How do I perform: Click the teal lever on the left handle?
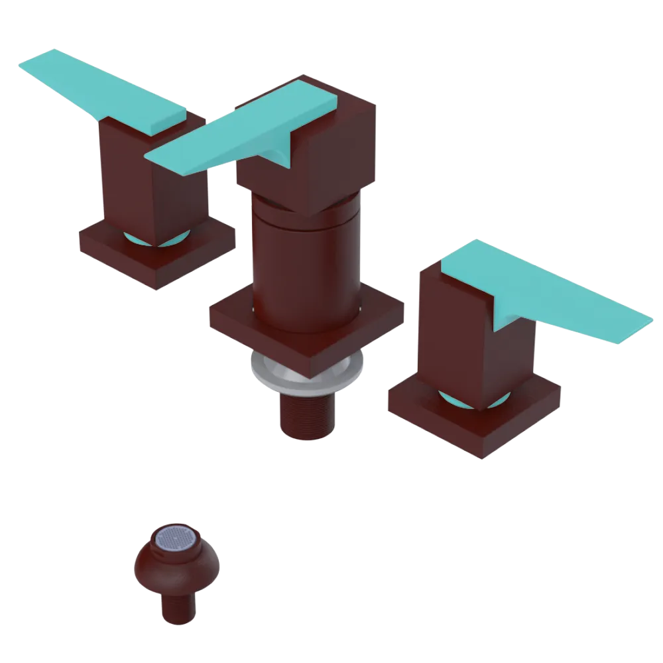106,90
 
